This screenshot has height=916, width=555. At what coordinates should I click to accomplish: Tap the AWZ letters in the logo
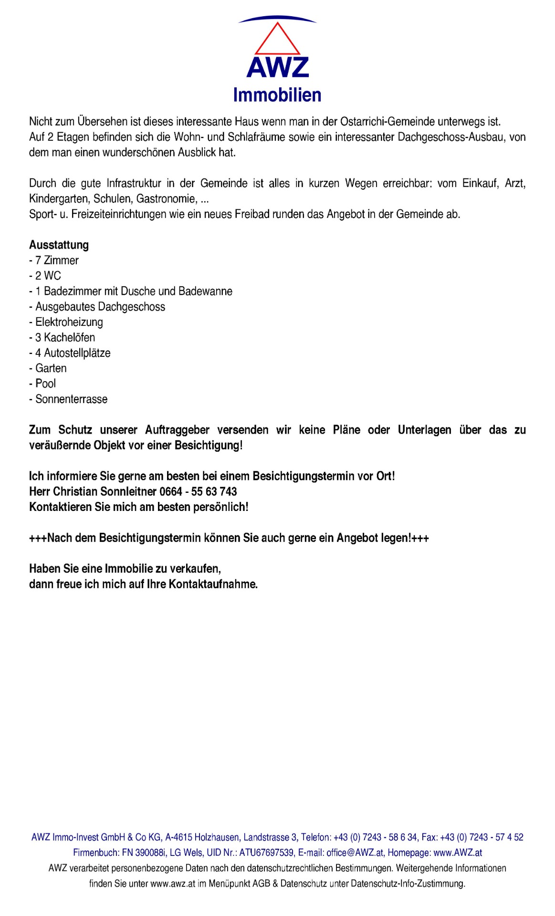(278, 68)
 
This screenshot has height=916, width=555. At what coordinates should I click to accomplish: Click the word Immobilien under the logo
(277, 95)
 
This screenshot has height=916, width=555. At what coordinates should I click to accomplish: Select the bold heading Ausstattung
(59, 245)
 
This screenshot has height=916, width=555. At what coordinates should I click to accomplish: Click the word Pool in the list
(46, 384)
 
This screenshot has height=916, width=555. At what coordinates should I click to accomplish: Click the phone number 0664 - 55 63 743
(198, 491)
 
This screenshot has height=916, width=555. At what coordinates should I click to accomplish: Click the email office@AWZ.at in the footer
(355, 852)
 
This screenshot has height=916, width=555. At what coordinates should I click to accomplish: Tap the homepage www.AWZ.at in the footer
(458, 852)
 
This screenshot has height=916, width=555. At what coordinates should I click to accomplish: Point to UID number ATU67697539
(267, 852)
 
